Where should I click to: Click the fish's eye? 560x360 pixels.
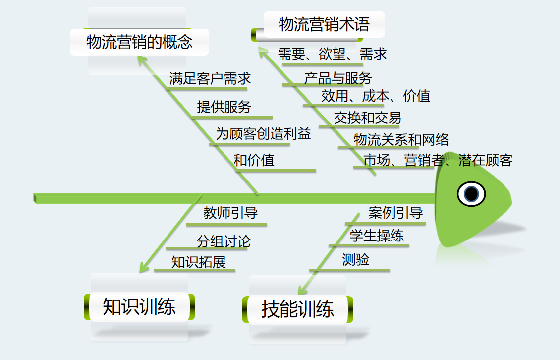point(471,193)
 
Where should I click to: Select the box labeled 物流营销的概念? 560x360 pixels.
point(139,42)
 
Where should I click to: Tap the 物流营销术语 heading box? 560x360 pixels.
point(324,24)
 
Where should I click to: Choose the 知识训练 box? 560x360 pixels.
point(139,306)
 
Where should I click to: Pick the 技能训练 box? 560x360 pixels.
point(298,309)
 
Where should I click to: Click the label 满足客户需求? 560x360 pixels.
point(210,78)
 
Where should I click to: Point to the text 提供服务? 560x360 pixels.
point(224,107)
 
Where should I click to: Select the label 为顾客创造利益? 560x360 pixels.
point(263,134)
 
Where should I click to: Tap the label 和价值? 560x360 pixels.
point(254,160)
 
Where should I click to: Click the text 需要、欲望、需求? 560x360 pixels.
point(332,54)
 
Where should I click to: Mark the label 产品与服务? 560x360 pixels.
point(337,78)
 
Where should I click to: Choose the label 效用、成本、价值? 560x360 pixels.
point(375,96)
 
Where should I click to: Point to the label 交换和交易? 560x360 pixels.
point(367,118)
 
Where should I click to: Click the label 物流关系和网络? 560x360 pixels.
point(401,140)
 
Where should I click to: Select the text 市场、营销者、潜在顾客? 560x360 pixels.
point(438,160)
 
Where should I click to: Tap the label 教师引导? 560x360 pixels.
point(230,213)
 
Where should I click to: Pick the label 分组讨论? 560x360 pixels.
point(224,241)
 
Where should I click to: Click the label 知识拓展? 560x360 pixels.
point(199,262)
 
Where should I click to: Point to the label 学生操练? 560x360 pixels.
point(377,236)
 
